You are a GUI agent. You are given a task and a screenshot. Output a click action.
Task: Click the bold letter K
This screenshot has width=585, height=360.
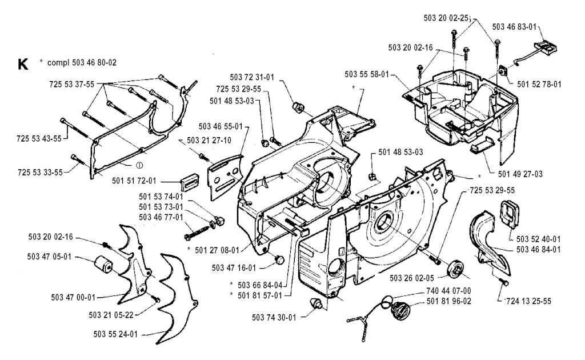pyautogui.click(x=23, y=64)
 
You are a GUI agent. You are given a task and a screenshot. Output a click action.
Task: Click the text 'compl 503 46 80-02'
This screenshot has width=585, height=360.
pyautogui.click(x=87, y=62)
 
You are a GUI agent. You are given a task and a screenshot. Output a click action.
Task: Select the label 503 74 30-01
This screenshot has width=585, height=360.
pyautogui.click(x=274, y=317)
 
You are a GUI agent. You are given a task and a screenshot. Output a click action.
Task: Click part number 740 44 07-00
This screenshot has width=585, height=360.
pyautogui.click(x=449, y=291)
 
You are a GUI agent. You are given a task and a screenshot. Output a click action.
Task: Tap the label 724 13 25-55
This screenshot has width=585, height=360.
pyautogui.click(x=529, y=299)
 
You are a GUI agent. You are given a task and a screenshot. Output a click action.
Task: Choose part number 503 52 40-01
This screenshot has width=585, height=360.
pyautogui.click(x=537, y=239)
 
